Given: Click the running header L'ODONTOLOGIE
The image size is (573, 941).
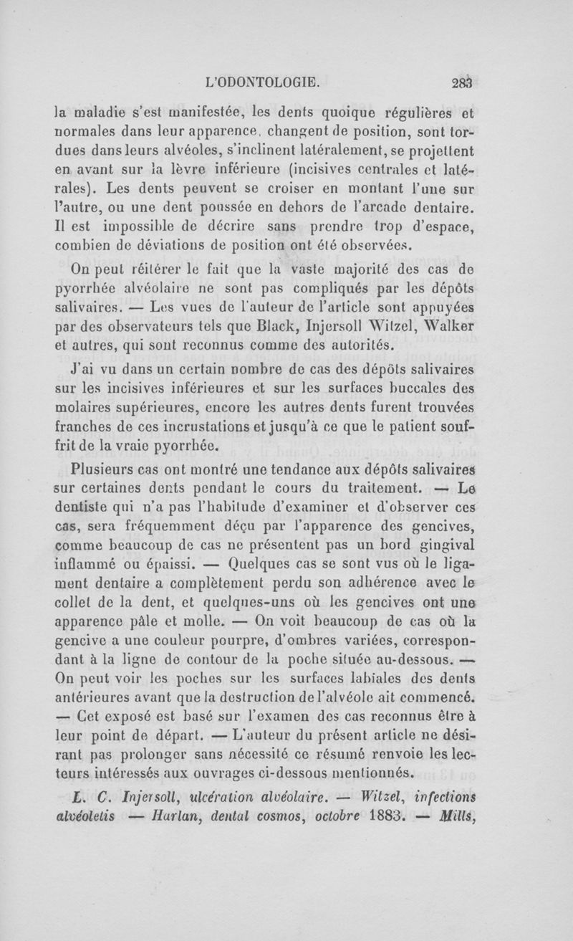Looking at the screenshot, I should coord(261,82).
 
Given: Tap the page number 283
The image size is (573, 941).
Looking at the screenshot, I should coord(464,82).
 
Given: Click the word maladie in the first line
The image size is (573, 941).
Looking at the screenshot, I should coord(100,112).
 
